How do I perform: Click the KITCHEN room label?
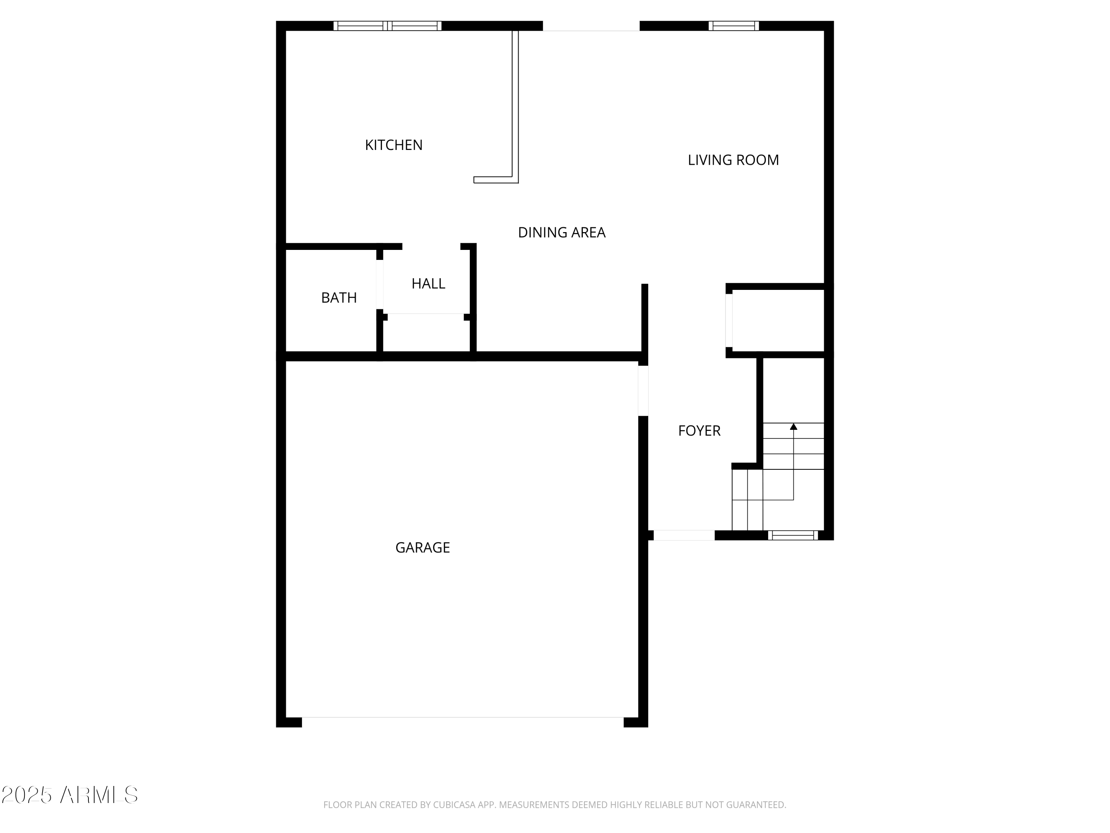(x=393, y=145)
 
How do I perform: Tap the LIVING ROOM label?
(x=733, y=160)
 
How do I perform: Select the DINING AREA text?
(x=562, y=232)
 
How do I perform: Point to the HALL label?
(x=428, y=284)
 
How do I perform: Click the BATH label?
(x=339, y=298)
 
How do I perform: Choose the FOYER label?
(x=699, y=431)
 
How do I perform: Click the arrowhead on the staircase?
(x=793, y=427)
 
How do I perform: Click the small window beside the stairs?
(x=793, y=536)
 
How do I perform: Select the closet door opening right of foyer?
(x=729, y=320)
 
